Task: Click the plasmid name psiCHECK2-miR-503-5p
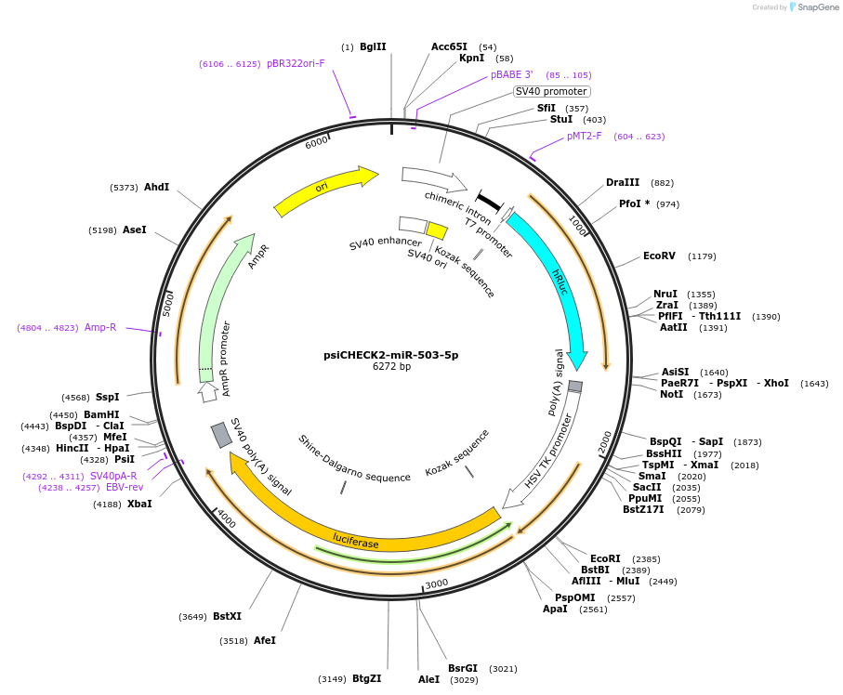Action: tap(390, 355)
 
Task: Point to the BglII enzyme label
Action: tap(373, 46)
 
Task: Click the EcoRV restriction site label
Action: tap(659, 256)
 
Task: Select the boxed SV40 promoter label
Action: tap(551, 91)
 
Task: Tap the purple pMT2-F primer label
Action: tap(585, 137)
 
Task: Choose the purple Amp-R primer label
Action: tap(100, 327)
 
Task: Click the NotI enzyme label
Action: tap(671, 395)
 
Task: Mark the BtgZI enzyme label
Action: tap(366, 678)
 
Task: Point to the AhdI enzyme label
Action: tap(156, 187)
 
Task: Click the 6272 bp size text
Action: tap(391, 367)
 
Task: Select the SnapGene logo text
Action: tap(819, 7)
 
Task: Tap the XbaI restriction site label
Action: tap(139, 504)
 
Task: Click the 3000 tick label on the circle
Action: tap(437, 584)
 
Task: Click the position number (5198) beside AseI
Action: tap(101, 230)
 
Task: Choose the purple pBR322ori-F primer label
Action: tap(296, 64)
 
